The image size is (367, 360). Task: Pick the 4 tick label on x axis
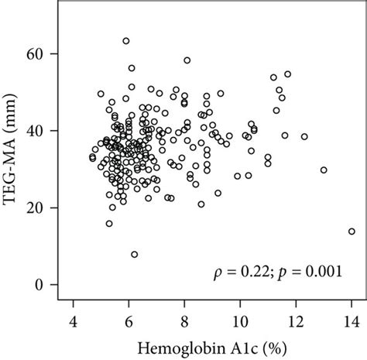click(x=74, y=321)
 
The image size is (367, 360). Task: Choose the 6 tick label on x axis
click(x=129, y=321)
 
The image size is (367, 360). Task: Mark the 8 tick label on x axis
click(x=184, y=321)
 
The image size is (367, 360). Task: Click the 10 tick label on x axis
click(x=239, y=321)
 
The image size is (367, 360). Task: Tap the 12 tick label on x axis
click(x=295, y=321)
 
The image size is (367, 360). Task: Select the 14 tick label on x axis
click(x=351, y=321)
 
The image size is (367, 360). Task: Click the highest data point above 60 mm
click(x=126, y=41)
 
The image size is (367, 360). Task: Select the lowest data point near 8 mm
click(x=135, y=254)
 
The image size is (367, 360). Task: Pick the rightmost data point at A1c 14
click(x=352, y=231)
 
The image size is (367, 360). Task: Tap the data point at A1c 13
click(x=324, y=170)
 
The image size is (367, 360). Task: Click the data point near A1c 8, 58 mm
click(x=187, y=60)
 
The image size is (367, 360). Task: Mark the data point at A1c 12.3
click(x=304, y=136)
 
